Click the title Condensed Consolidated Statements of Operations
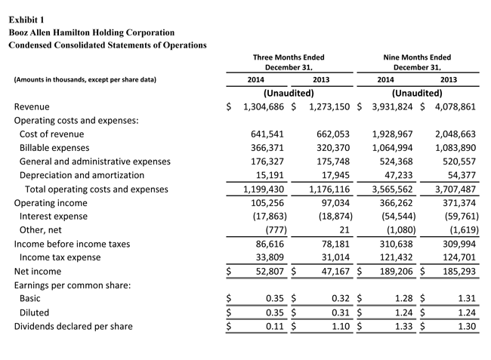[107, 45]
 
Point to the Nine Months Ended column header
[417, 62]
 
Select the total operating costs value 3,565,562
[393, 189]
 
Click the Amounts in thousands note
[85, 79]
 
